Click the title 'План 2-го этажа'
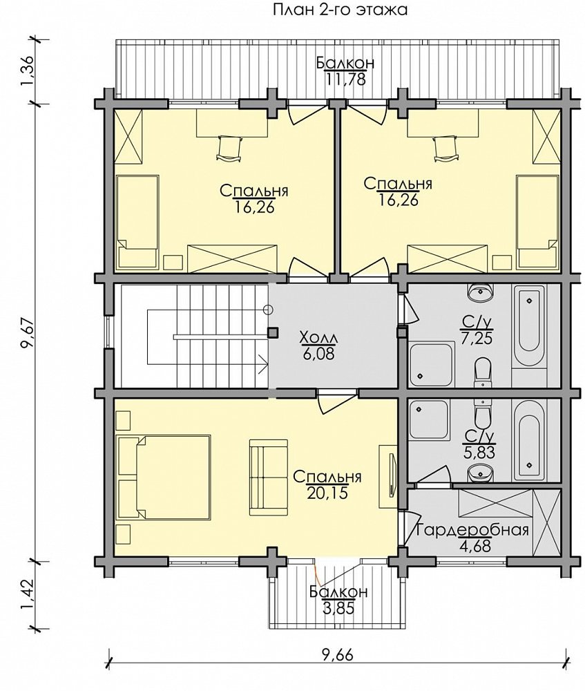click(340, 10)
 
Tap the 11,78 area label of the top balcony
click(346, 79)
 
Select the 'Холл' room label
click(318, 338)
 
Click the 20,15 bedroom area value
click(328, 492)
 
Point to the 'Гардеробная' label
click(472, 529)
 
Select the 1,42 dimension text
click(27, 595)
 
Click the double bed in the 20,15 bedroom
click(164, 476)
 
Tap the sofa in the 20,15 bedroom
click(268, 477)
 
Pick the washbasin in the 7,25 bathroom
click(481, 292)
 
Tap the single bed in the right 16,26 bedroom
click(537, 222)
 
